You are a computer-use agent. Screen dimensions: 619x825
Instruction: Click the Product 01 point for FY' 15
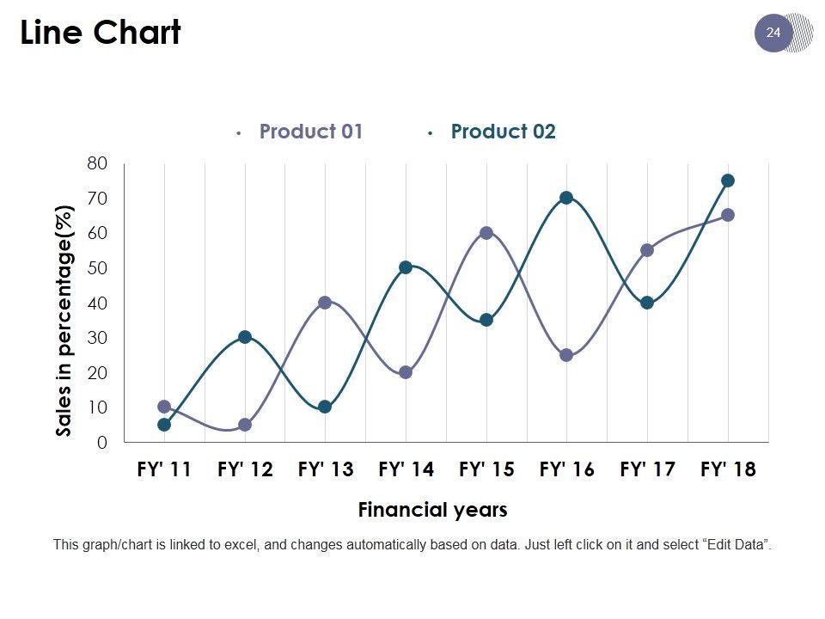point(486,233)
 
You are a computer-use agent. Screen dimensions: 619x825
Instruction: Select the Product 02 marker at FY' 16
point(566,198)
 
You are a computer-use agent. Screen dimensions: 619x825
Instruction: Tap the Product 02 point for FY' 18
point(728,181)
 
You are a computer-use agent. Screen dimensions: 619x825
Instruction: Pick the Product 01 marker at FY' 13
point(325,303)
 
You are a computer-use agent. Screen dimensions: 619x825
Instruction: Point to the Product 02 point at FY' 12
point(245,337)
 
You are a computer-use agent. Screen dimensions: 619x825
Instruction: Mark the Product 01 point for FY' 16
point(566,355)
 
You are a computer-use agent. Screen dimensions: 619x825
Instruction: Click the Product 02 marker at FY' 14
point(406,267)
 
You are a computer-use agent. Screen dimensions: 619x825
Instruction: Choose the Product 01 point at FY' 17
point(647,250)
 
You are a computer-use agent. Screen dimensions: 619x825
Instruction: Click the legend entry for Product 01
point(310,132)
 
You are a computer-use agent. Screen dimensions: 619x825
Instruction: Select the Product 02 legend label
point(503,132)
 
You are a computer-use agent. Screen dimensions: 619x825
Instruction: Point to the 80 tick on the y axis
point(97,163)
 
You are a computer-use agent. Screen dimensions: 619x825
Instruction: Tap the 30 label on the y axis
point(97,338)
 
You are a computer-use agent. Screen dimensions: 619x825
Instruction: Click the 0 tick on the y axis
point(102,443)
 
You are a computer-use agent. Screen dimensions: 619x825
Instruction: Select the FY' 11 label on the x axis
point(164,469)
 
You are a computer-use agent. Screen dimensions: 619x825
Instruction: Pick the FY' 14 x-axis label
point(406,469)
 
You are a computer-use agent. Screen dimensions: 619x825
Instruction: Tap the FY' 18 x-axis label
point(728,469)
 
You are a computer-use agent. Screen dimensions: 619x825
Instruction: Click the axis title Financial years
point(432,510)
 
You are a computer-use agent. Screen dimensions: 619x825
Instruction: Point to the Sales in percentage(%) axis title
point(64,320)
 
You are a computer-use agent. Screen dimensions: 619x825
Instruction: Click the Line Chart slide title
point(101,33)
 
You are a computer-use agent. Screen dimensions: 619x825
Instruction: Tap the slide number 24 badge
point(773,33)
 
